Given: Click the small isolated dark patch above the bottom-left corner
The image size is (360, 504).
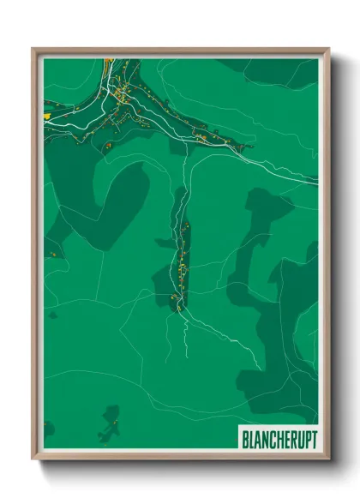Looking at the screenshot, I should [x=48, y=427].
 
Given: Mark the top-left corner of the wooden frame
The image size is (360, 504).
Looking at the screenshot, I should [x=33, y=50].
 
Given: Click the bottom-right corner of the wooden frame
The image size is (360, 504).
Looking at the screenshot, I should [x=328, y=460].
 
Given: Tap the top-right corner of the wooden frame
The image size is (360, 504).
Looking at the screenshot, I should [x=328, y=50].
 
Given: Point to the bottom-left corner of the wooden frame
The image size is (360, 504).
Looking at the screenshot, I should [x=33, y=460].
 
